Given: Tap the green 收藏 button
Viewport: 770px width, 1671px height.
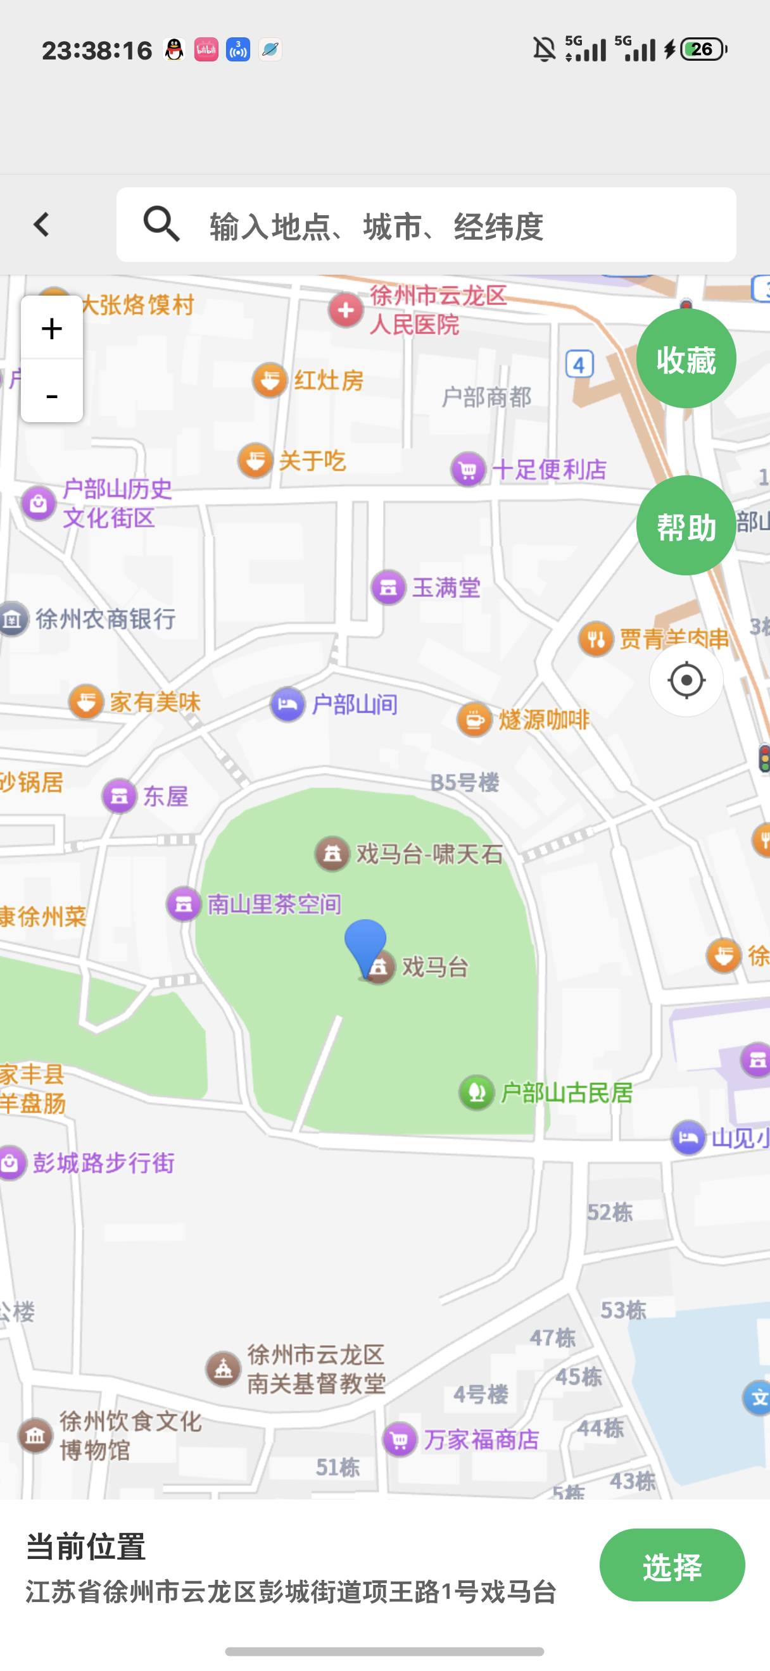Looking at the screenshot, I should coord(686,359).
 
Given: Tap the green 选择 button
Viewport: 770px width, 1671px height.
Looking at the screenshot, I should coord(671,1567).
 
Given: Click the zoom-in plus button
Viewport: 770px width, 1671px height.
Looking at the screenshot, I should coord(52,329).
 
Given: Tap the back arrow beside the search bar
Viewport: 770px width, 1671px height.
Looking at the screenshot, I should coord(42,225).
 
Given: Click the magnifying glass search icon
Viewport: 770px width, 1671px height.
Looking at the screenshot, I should coord(161,225).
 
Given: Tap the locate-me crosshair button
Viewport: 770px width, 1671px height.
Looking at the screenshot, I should coord(686,680).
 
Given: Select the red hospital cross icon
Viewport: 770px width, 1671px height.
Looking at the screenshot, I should coord(346,310).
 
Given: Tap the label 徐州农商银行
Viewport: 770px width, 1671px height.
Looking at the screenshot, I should coord(105,619).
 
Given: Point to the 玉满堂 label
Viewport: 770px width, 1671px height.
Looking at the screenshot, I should coord(446,588).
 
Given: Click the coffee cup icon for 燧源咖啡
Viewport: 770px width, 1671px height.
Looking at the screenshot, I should coord(474,720).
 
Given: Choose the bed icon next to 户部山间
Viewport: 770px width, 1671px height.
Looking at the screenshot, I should coord(287,704).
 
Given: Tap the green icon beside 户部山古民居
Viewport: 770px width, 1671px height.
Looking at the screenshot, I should coord(477,1092).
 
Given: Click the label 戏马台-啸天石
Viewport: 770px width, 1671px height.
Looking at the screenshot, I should coord(429,854).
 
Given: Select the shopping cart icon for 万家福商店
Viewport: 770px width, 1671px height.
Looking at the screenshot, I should coord(400,1439).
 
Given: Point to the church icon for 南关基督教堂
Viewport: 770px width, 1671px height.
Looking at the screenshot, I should coord(223,1368).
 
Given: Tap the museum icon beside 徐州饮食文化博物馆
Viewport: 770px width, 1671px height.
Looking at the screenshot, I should coord(35,1436).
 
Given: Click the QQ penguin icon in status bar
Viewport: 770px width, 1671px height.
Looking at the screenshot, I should coord(174,50).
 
